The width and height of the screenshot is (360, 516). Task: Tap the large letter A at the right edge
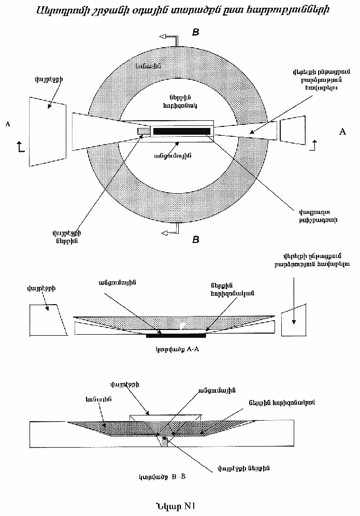[x=342, y=132]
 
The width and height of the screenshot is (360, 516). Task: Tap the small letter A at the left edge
[x=7, y=124]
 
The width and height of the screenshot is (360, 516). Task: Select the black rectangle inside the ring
[x=181, y=131]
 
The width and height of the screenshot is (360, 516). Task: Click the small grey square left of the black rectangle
[x=143, y=132]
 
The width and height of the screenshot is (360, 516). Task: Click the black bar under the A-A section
[x=176, y=336]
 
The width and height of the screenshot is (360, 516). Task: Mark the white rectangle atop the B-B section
[x=164, y=417]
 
